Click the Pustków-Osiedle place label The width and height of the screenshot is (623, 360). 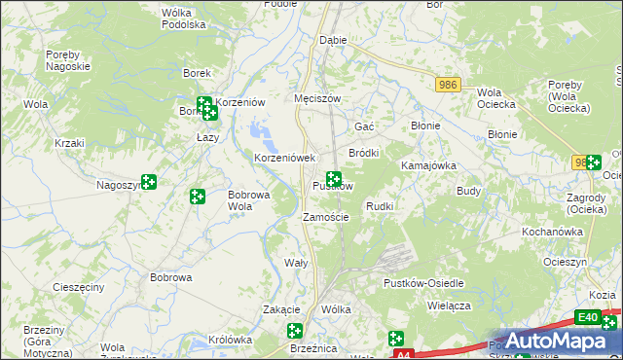coord(427,282)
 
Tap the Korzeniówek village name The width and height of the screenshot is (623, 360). coord(285,158)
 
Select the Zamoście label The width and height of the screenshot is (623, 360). coord(326,217)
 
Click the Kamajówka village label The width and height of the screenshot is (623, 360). coord(429,165)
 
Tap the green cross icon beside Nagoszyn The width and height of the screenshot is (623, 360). coord(149,181)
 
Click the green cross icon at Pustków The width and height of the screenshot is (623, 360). coord(334,179)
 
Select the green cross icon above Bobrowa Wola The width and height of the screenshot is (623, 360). coord(198,197)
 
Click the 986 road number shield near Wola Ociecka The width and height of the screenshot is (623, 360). coord(448,86)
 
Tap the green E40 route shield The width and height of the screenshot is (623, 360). coord(587,317)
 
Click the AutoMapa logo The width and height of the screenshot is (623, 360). coord(555,341)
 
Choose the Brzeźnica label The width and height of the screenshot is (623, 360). coord(313,347)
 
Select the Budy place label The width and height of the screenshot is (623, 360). coord(469,191)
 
